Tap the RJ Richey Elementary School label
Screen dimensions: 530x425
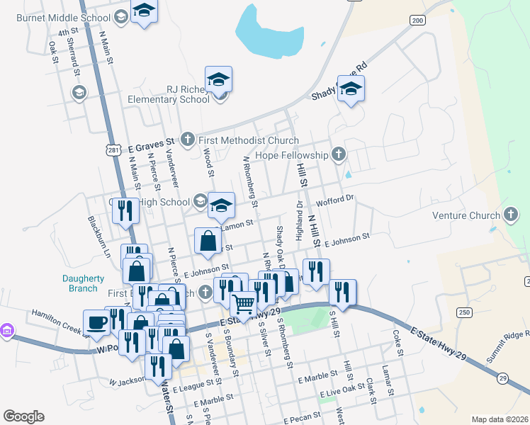(169, 94)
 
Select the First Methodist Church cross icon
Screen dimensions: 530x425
(188, 140)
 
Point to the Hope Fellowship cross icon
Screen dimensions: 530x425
(339, 154)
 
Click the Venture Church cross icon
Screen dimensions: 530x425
(510, 215)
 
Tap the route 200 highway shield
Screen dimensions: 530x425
(418, 21)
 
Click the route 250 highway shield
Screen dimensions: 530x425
(464, 312)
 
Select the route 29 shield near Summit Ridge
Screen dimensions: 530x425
(502, 378)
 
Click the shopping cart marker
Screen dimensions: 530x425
(244, 305)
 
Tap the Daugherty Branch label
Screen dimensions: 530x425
(84, 283)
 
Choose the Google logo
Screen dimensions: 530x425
(23, 416)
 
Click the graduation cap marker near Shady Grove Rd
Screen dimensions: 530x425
(350, 89)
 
